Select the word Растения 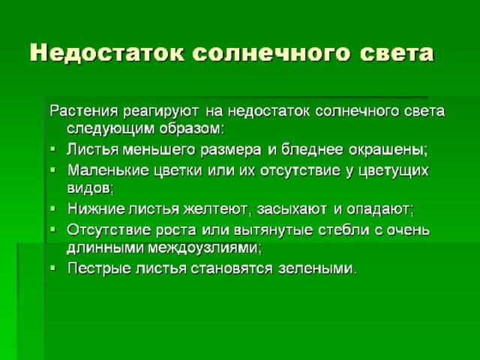coord(84,111)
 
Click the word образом coord(191,128)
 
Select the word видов coord(90,187)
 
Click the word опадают coord(380,209)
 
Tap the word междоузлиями coord(205,247)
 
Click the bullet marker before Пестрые coord(53,268)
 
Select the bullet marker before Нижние coord(53,208)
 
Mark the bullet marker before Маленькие coord(53,169)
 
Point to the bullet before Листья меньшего coord(53,149)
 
